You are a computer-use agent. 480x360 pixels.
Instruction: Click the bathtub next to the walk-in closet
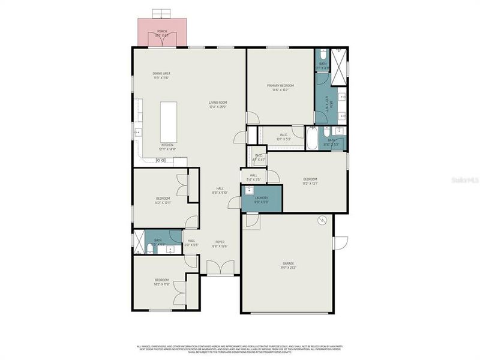click(311, 139)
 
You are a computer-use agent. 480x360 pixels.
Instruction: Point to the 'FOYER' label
click(220, 243)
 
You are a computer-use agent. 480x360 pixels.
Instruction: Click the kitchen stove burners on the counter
click(160, 160)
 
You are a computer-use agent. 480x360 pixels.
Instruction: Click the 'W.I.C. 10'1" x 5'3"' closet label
click(284, 137)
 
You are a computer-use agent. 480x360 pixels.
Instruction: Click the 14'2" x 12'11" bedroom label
click(163, 200)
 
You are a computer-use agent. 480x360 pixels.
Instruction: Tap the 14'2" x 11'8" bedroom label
click(162, 282)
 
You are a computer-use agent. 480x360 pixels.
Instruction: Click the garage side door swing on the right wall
click(340, 242)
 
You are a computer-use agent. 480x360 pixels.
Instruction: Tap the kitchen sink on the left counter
click(137, 133)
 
